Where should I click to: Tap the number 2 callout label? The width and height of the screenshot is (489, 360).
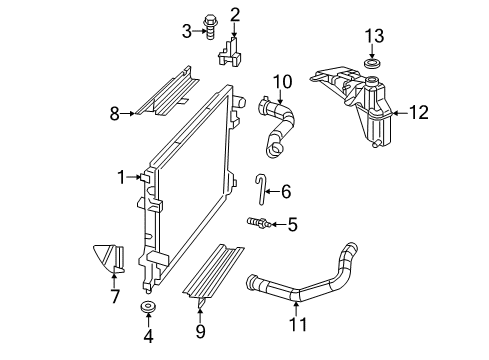pos(235,13)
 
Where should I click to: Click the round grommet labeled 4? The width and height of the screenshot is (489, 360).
pos(148,304)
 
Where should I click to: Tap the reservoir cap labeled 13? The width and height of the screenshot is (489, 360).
pos(373,65)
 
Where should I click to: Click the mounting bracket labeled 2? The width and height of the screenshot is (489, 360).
pos(232,50)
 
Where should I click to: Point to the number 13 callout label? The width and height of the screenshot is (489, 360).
pos(373,36)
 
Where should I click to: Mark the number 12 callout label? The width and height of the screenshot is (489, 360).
pos(417,113)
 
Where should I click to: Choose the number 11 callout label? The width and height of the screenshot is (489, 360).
pos(297,323)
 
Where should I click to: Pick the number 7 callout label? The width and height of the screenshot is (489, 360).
pos(115,297)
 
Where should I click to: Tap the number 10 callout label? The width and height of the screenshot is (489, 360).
pos(282,81)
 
